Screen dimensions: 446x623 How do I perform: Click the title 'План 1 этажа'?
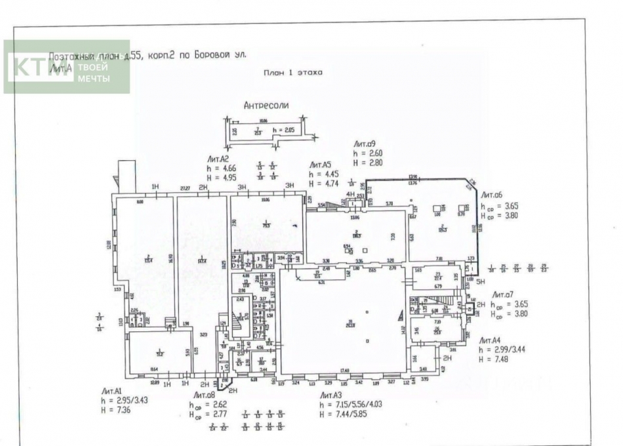292,73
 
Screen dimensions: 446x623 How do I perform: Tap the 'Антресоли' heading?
266,105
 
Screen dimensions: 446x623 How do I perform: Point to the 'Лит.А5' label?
321,165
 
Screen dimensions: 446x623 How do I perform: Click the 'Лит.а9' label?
364,144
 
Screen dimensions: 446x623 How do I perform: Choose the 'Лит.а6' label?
492,195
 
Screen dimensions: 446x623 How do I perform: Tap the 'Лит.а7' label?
502,296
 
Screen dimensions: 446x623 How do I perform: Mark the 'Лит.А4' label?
491,340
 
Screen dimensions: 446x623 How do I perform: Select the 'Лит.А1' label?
112,390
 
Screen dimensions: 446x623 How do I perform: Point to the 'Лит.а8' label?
204,395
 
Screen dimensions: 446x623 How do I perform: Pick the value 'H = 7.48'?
492,358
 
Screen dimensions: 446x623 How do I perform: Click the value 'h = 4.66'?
220,168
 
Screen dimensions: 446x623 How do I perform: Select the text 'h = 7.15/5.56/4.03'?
349,405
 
